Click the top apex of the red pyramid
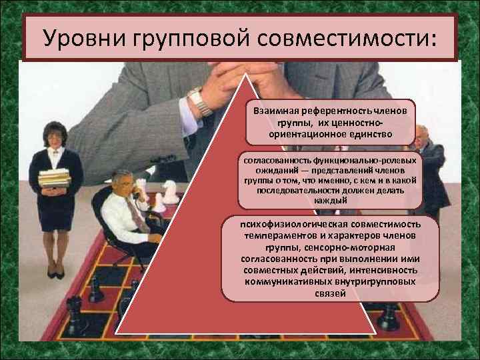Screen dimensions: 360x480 [x=247, y=75]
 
